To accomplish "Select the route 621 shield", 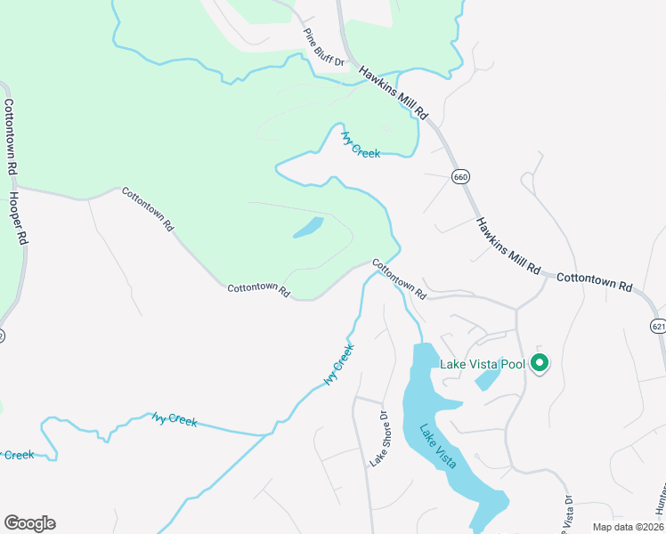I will (658, 327).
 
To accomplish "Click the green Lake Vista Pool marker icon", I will (539, 362).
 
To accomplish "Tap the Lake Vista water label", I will (438, 446).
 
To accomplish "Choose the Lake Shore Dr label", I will (379, 439).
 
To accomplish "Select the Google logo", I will (29, 522).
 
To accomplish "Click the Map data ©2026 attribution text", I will (627, 527).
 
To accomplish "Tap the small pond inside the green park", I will (308, 228).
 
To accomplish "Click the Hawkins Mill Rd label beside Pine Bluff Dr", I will (394, 93).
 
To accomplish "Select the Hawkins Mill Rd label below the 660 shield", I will (508, 246).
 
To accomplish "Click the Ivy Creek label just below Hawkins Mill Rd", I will (361, 145).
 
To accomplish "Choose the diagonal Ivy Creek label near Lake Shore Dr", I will (339, 363).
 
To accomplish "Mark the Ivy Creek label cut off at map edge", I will (18, 455).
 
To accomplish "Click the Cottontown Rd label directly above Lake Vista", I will (399, 279).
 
